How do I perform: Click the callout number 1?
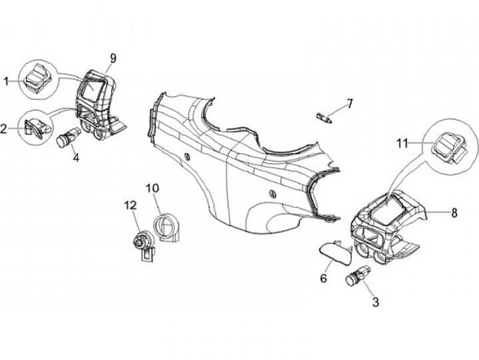click(x=6, y=81)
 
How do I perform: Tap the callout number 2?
click(x=4, y=129)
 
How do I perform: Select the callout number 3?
click(x=376, y=303)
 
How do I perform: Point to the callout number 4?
click(x=76, y=159)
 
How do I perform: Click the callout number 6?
click(x=325, y=279)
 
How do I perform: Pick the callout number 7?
click(x=350, y=104)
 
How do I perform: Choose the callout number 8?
click(x=454, y=214)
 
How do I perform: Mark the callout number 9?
click(x=113, y=59)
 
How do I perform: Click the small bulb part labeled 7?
click(x=324, y=117)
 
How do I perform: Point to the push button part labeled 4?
click(x=67, y=139)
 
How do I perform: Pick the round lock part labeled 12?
click(x=142, y=244)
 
